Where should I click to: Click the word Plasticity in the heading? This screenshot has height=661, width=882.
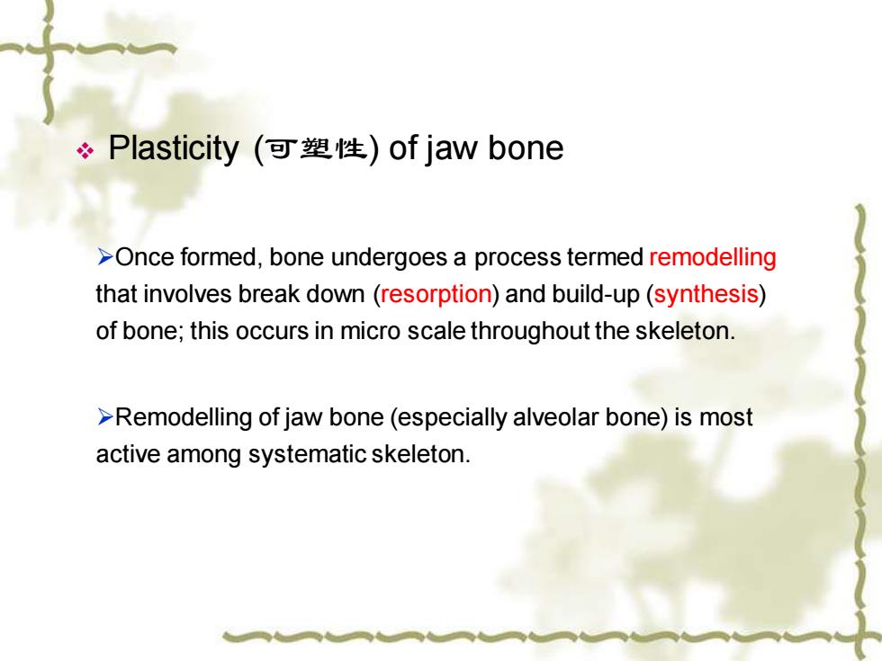click(x=173, y=149)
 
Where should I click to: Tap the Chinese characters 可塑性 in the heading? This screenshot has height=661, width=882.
click(x=316, y=148)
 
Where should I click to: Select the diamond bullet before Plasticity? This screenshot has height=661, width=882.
click(x=85, y=151)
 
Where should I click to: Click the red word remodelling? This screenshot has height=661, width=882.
click(x=713, y=257)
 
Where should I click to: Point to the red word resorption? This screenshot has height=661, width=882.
click(x=436, y=295)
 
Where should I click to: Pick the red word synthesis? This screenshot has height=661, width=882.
click(x=706, y=295)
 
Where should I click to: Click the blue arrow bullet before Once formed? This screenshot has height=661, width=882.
click(x=105, y=256)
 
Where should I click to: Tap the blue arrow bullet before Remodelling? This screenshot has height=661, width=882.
click(x=105, y=417)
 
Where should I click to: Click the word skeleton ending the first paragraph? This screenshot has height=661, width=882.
click(x=683, y=331)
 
